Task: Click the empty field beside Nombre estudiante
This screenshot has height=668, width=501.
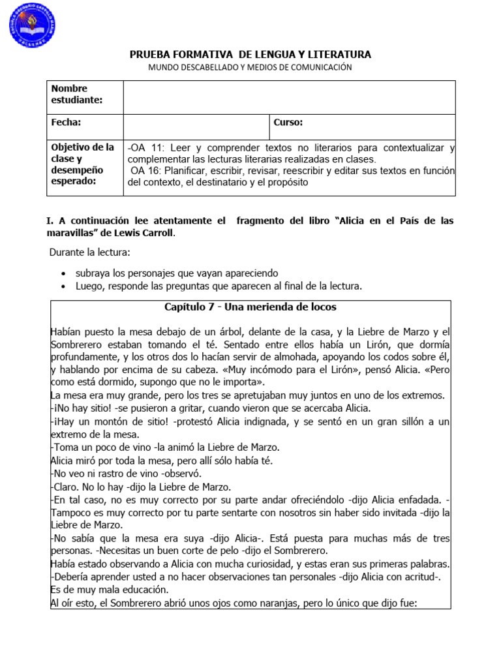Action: (289, 97)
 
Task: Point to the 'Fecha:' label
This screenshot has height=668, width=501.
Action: (66, 123)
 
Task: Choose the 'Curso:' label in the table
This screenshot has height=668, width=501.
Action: (288, 123)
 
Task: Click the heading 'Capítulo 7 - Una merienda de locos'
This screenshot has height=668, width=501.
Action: (250, 307)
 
